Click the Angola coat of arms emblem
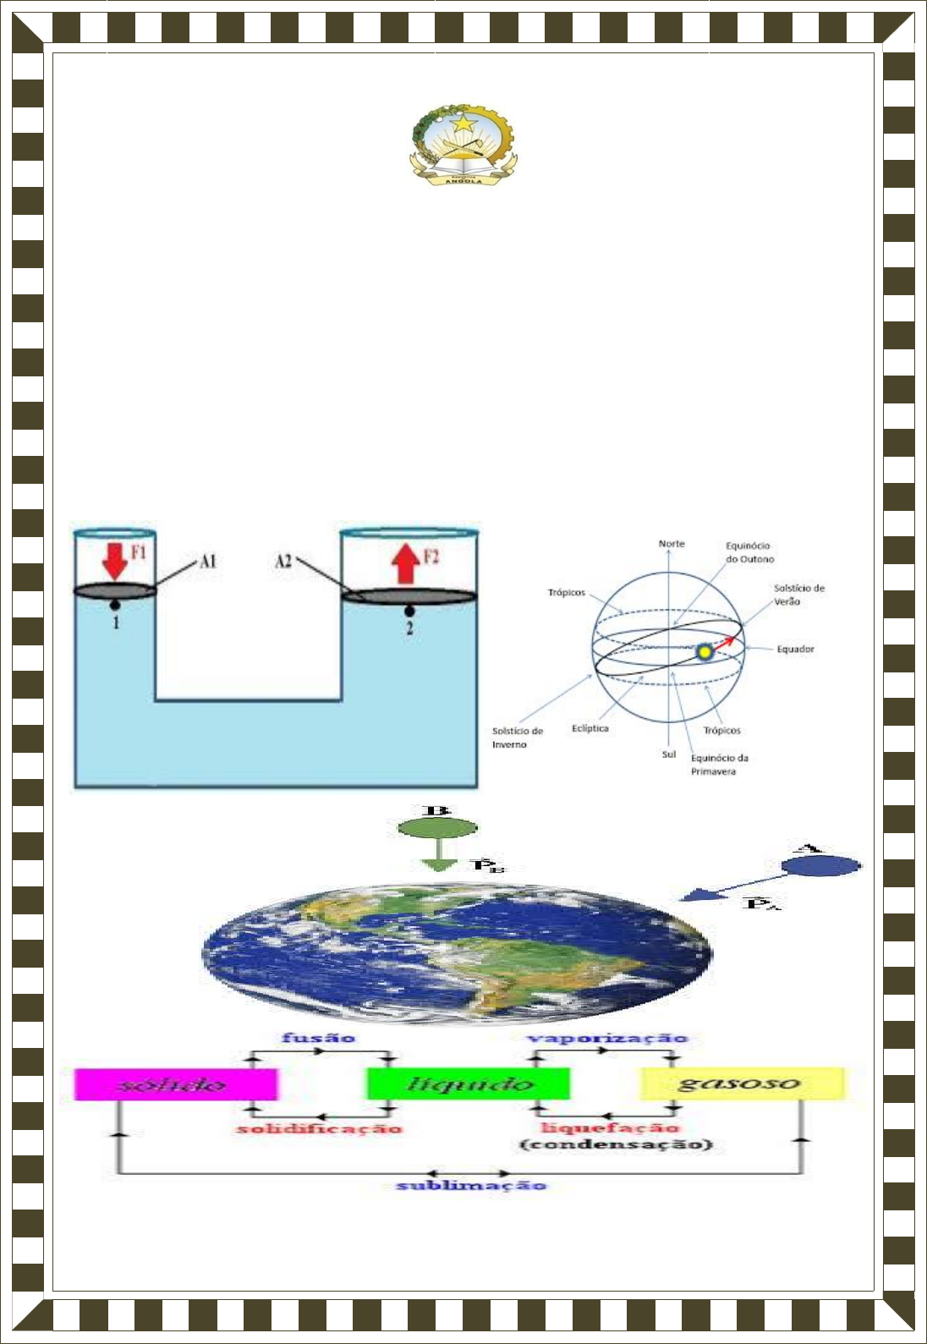(463, 145)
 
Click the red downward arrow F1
(114, 560)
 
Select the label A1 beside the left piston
(208, 561)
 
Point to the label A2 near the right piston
(283, 561)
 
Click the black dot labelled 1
(114, 605)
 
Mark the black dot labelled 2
(409, 610)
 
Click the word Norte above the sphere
(672, 544)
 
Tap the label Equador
(795, 650)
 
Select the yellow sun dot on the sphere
(704, 652)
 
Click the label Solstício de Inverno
(517, 738)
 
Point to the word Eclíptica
(590, 728)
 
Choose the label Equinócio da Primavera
(719, 765)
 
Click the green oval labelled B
(437, 828)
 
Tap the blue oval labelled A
(820, 865)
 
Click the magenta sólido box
(176, 1084)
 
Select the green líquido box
(468, 1084)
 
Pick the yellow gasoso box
(742, 1083)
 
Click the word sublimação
(471, 1185)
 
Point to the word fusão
(318, 1038)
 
